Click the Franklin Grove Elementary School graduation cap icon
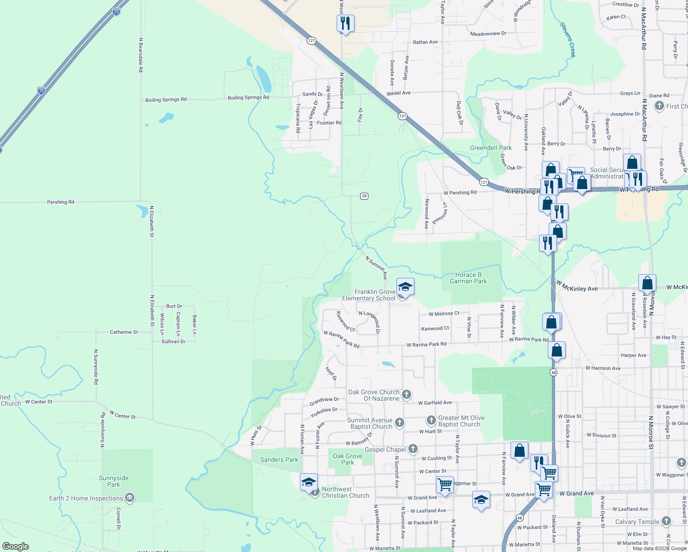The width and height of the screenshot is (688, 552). tap(405, 287)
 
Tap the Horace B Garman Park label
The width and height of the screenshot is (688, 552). tap(468, 278)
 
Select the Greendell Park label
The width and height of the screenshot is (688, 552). tap(491, 148)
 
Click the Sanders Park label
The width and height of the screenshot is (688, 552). tap(279, 460)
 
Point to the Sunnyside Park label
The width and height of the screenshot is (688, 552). tap(114, 481)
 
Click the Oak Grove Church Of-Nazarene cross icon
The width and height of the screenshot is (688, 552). tap(407, 394)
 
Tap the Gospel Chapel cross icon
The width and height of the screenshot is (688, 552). tap(413, 449)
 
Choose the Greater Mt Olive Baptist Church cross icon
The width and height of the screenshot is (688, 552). tap(431, 420)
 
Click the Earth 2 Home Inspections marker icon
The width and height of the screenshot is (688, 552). tap(130, 498)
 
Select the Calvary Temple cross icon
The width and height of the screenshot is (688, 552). tap(666, 521)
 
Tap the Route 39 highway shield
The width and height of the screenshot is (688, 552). tap(364, 196)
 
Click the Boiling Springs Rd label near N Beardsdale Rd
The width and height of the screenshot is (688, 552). tap(166, 100)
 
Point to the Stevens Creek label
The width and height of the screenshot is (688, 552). tap(568, 40)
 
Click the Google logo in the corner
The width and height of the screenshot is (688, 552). tap(16, 546)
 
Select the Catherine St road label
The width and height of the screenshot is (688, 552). tap(124, 332)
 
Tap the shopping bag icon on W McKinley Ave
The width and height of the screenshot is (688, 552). tap(647, 283)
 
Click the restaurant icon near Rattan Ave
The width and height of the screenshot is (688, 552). tap(345, 23)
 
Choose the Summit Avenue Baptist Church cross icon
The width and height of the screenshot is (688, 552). tap(400, 422)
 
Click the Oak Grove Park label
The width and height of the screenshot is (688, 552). tap(348, 459)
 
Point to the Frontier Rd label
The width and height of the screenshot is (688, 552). tap(329, 123)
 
